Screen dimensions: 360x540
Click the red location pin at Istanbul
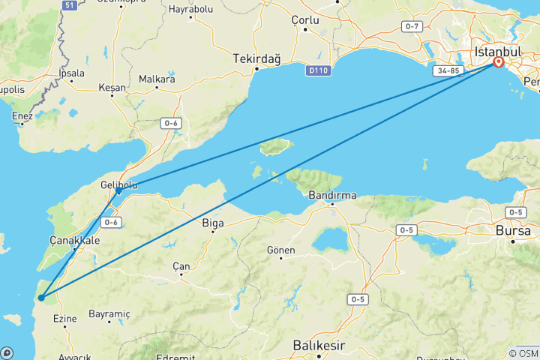coord(497,63)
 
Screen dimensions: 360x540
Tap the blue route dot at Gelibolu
coord(118,191)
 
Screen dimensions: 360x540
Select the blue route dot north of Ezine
coord(41,298)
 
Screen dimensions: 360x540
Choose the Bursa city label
coord(513,231)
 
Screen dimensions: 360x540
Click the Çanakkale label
coord(74,240)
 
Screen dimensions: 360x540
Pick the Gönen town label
coord(281,250)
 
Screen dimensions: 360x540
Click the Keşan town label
coord(112,88)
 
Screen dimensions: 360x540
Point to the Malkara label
coord(157,79)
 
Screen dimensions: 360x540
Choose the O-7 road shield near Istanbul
coord(412,26)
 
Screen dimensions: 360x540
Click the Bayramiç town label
coord(109,313)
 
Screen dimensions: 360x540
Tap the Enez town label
coord(22,115)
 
